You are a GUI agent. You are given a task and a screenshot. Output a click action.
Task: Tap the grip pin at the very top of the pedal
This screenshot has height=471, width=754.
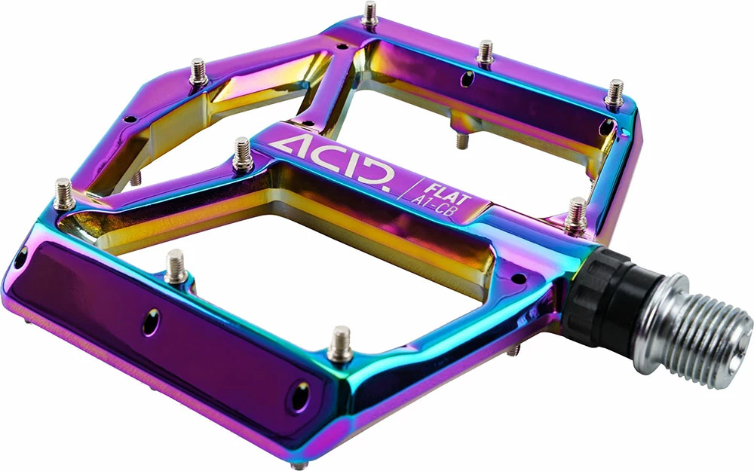click(370, 14)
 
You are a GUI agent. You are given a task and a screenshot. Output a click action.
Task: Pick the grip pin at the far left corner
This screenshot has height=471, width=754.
click(65, 193)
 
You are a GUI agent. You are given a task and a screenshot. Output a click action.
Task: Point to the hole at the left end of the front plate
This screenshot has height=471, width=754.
click(20, 256)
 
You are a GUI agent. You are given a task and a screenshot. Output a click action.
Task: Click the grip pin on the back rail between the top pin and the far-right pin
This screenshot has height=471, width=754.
click(486, 54)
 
